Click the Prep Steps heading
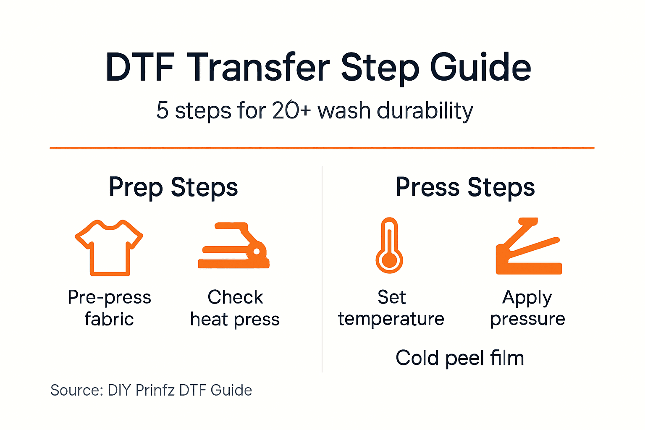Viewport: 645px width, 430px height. coord(173,187)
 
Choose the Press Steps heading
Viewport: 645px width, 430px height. coord(465,187)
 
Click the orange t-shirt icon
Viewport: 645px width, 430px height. coord(109,247)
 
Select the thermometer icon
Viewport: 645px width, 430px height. coord(389,245)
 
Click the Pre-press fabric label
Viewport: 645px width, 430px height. coord(109,308)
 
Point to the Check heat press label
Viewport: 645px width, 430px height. coord(235,308)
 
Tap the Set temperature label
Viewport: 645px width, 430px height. coord(391,308)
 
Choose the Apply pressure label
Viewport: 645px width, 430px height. coord(527,308)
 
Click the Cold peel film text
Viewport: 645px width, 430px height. coord(460,358)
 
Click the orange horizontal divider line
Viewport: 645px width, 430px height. coord(322,148)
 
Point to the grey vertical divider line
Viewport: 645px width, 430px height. coord(322,269)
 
